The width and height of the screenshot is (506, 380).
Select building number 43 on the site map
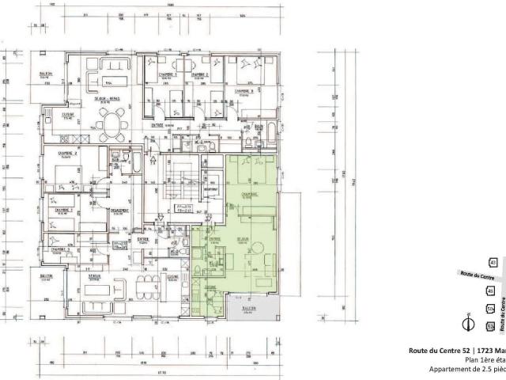(x=493, y=262)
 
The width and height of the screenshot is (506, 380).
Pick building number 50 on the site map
(x=491, y=309)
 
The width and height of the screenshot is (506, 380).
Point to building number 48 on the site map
(x=491, y=291)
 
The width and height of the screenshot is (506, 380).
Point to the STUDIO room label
(x=94, y=277)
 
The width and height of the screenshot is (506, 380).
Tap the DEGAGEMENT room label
(x=120, y=210)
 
